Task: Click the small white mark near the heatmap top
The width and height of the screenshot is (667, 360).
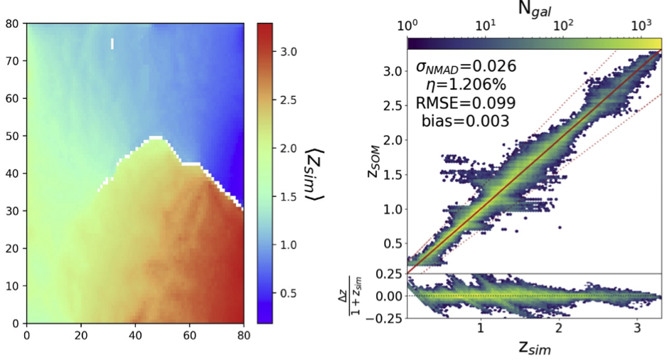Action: pos(112,44)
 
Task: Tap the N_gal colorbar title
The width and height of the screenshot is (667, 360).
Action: pos(535,9)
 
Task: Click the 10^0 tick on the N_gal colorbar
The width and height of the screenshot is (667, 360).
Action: pos(407,27)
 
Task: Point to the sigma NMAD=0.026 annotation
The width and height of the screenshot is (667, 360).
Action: pos(466,68)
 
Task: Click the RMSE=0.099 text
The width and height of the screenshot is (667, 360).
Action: pos(466,103)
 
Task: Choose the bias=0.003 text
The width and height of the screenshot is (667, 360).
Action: pos(466,121)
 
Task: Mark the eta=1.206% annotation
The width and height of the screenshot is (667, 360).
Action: pos(466,85)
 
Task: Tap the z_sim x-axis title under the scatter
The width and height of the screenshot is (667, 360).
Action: pos(534,349)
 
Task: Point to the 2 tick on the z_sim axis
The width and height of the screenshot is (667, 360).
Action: pos(560,329)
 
